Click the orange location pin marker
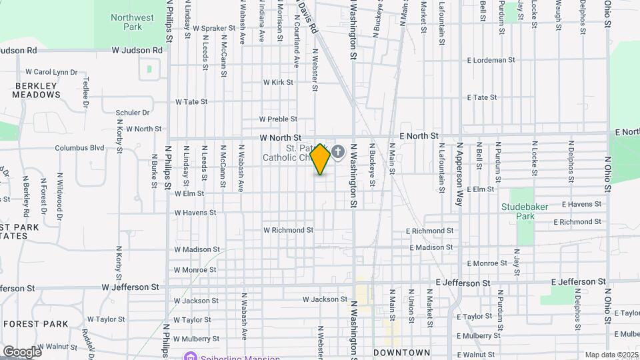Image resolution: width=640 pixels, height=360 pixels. (x=321, y=159)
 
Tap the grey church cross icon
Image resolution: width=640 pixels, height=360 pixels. (x=338, y=153)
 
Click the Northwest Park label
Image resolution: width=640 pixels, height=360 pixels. (x=132, y=22)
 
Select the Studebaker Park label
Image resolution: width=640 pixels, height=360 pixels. (x=525, y=211)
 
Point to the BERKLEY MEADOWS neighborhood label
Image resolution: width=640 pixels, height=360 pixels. (x=37, y=90)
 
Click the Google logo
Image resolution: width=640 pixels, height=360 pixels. (x=21, y=351)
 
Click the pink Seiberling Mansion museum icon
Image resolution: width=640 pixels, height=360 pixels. (x=191, y=357)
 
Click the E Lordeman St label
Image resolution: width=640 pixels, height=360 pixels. (x=491, y=60)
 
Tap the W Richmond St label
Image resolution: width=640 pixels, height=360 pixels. (x=288, y=230)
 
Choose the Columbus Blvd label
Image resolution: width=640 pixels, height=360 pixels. (x=80, y=148)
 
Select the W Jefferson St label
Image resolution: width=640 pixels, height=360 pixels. (x=131, y=287)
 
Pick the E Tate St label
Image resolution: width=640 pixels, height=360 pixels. (x=481, y=97)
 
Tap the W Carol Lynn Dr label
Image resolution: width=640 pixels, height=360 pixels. (x=51, y=72)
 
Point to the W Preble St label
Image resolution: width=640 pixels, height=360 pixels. (x=278, y=119)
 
